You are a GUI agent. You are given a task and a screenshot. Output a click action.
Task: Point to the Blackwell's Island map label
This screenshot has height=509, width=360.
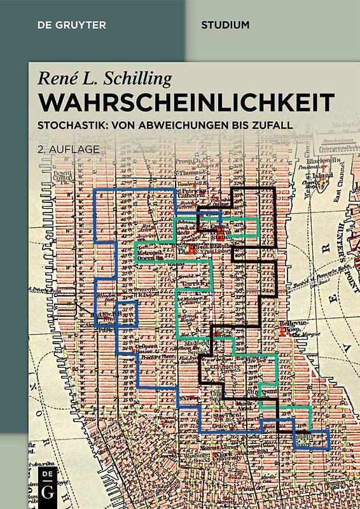click(x=322, y=166)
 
